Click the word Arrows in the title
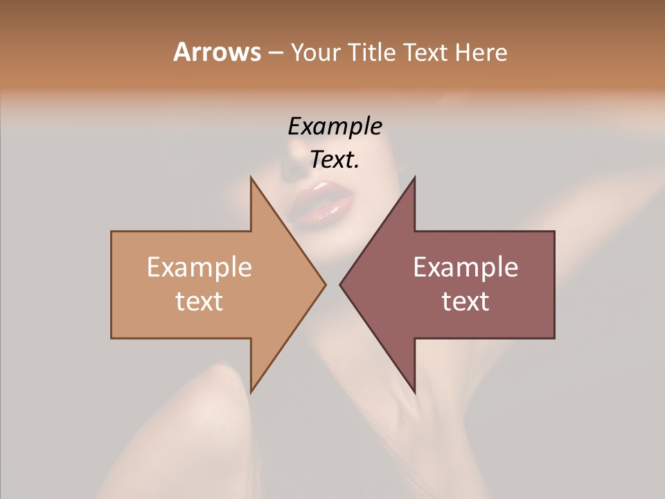pos(217,52)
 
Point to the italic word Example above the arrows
pos(335,127)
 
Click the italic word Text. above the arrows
pos(335,160)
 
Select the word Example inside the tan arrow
pos(199,267)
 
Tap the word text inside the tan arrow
pos(199,301)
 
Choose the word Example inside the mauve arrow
pos(465,267)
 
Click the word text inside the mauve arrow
pos(465,301)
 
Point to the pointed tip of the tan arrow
pos(325,284)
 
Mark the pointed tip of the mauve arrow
pos(340,284)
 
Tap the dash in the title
pos(275,53)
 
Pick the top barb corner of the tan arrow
pos(251,177)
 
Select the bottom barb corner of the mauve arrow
pos(414,392)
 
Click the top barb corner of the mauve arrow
pos(414,177)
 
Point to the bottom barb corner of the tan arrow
pos(251,392)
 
